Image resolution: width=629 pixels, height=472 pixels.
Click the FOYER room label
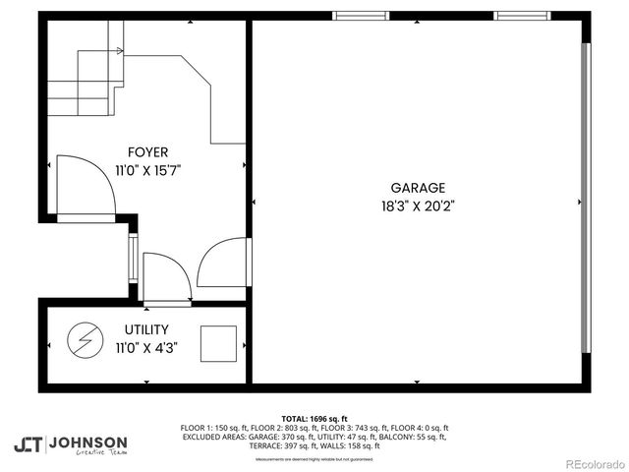(x=147, y=152)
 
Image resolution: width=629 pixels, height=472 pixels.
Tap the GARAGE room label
(x=418, y=188)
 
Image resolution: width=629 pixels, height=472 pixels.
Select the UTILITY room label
(x=146, y=329)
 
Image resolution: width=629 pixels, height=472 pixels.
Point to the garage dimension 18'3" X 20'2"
(x=418, y=206)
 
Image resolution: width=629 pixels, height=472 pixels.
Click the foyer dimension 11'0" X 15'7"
(x=147, y=170)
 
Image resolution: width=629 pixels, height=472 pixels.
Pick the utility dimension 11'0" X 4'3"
(x=146, y=347)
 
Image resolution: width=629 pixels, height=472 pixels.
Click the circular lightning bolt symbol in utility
(x=82, y=340)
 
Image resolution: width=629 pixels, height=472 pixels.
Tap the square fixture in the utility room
(x=218, y=343)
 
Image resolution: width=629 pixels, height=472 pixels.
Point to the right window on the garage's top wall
(x=522, y=16)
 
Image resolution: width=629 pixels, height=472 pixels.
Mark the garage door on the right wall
(x=587, y=197)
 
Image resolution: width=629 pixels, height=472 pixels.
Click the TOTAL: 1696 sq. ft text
(x=314, y=418)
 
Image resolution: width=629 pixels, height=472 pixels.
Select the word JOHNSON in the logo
(x=87, y=442)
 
